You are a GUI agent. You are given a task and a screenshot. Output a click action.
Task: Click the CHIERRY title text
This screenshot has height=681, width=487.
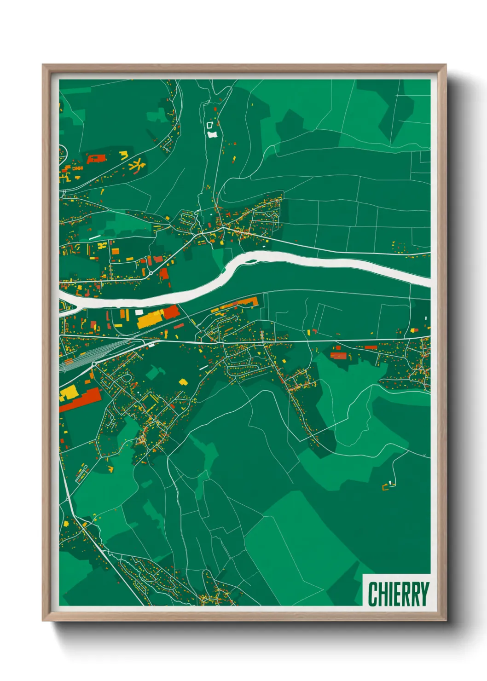[398, 594]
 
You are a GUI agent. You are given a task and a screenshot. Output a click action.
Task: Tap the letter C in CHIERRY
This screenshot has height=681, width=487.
[373, 594]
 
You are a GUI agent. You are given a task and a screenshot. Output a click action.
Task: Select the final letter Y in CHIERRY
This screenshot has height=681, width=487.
[424, 594]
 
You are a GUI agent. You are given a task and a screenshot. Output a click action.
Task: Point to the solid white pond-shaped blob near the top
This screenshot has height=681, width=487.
[212, 134]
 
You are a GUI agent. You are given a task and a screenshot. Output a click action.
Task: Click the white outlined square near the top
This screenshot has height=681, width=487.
[210, 125]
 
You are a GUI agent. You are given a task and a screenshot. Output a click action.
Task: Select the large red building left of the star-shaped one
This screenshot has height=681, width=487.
[96, 159]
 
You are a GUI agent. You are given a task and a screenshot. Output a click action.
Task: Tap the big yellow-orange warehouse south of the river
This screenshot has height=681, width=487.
[150, 318]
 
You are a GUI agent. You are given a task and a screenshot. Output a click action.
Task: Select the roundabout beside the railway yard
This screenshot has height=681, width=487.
[94, 364]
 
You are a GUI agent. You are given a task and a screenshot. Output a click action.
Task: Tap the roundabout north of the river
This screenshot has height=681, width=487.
[151, 273]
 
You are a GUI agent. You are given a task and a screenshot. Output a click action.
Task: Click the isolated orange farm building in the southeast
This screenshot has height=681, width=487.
[386, 486]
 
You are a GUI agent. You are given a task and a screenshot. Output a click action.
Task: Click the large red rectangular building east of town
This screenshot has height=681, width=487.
[339, 355]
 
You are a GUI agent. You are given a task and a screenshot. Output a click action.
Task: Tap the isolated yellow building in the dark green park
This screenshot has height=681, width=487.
[183, 381]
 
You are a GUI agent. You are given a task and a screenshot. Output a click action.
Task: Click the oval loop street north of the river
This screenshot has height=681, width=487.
[187, 218]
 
